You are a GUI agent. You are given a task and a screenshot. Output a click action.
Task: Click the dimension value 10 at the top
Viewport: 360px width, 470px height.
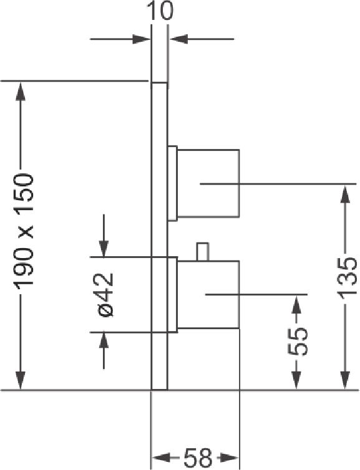pos(162,11)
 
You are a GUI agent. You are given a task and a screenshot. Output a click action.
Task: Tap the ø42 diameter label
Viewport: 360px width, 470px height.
pos(105,295)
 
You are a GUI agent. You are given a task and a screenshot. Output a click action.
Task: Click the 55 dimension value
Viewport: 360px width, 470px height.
pos(298,341)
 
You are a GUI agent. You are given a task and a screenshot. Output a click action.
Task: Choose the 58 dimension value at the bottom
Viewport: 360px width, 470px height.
pos(197,458)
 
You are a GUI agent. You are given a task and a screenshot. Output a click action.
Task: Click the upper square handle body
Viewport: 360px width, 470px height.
pos(208,183)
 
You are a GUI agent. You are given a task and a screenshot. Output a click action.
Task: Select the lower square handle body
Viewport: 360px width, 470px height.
pos(208,295)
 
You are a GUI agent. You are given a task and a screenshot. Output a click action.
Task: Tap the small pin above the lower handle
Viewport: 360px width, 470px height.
pos(202,252)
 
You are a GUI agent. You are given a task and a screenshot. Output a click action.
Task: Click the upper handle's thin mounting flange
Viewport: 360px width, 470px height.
pos(172,183)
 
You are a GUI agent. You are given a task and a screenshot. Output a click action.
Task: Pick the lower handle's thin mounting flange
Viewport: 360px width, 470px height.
pos(172,295)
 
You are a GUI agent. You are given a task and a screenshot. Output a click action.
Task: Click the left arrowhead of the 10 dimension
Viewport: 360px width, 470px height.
pos(141,39)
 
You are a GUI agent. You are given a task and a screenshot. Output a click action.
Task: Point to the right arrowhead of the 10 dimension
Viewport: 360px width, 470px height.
pos(179,39)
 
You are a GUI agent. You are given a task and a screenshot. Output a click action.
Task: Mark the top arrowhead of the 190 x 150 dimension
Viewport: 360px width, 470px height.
pos(21,92)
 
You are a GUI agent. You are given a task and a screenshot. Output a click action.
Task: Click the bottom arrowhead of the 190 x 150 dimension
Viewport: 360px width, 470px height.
pos(21,380)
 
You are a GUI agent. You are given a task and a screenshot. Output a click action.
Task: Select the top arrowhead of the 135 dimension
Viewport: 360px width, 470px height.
pos(346,195)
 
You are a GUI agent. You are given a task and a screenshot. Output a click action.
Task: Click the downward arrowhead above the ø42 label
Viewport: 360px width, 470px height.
pos(104,247)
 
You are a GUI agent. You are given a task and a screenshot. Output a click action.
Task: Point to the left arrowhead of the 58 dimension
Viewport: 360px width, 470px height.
pos(162,458)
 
